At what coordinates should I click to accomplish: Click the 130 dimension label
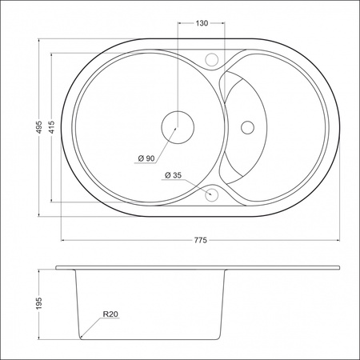click(202, 23)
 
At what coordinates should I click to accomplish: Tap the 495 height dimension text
click(39, 127)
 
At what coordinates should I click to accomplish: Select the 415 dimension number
click(51, 127)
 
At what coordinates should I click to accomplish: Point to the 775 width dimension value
click(200, 240)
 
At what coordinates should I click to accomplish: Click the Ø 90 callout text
click(146, 158)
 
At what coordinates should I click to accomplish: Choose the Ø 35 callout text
click(174, 175)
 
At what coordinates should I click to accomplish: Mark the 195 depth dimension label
click(39, 304)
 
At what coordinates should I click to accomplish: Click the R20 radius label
click(110, 314)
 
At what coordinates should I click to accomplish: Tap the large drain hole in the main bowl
click(178, 127)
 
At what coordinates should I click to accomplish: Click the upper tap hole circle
click(212, 58)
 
